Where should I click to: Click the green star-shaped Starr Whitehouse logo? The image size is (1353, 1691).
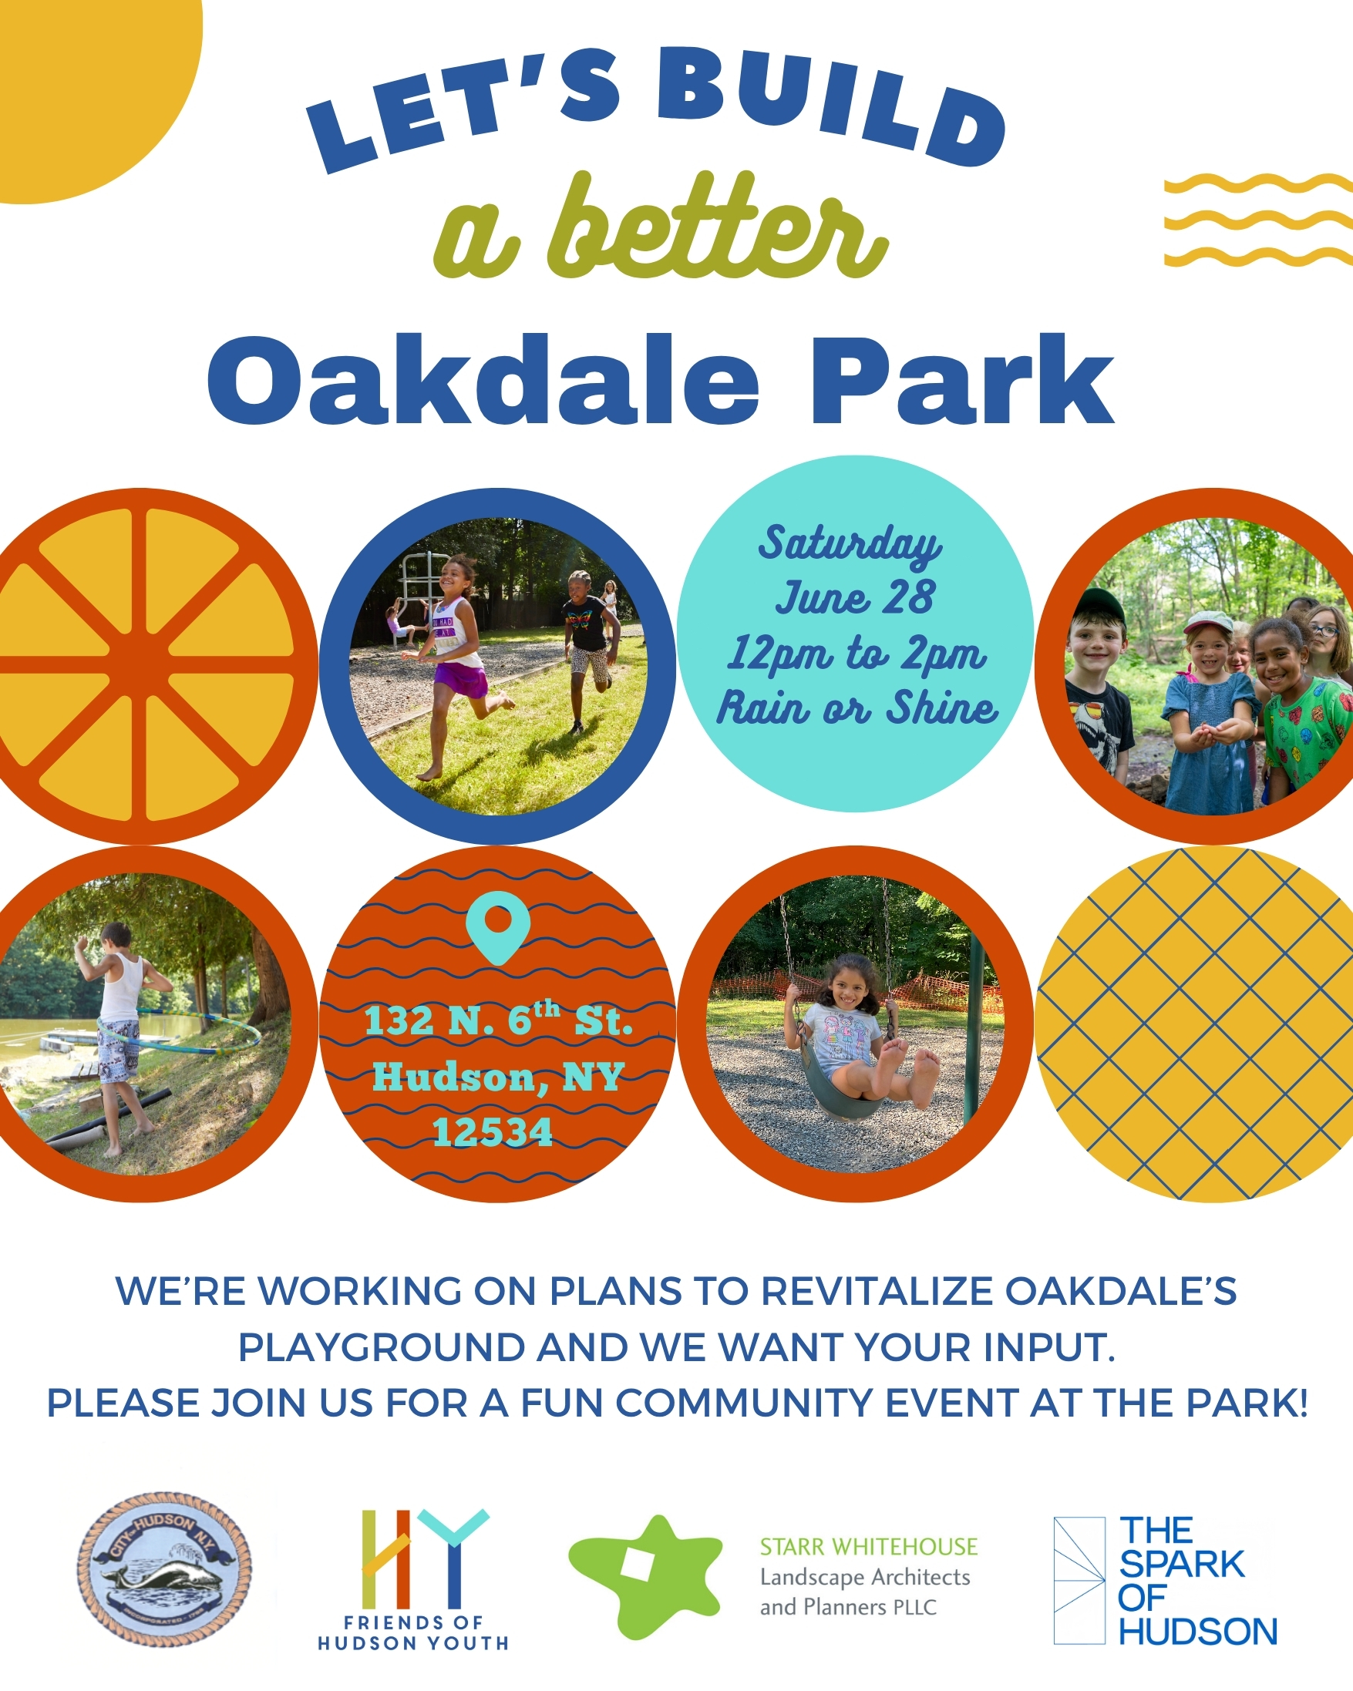[x=645, y=1576]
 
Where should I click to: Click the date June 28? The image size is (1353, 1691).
[x=855, y=597]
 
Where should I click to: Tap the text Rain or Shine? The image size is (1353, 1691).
[x=857, y=708]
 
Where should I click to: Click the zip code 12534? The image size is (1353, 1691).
[x=493, y=1131]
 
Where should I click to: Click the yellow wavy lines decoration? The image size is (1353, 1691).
[x=1258, y=220]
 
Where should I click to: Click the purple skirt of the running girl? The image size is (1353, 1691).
[x=463, y=677]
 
